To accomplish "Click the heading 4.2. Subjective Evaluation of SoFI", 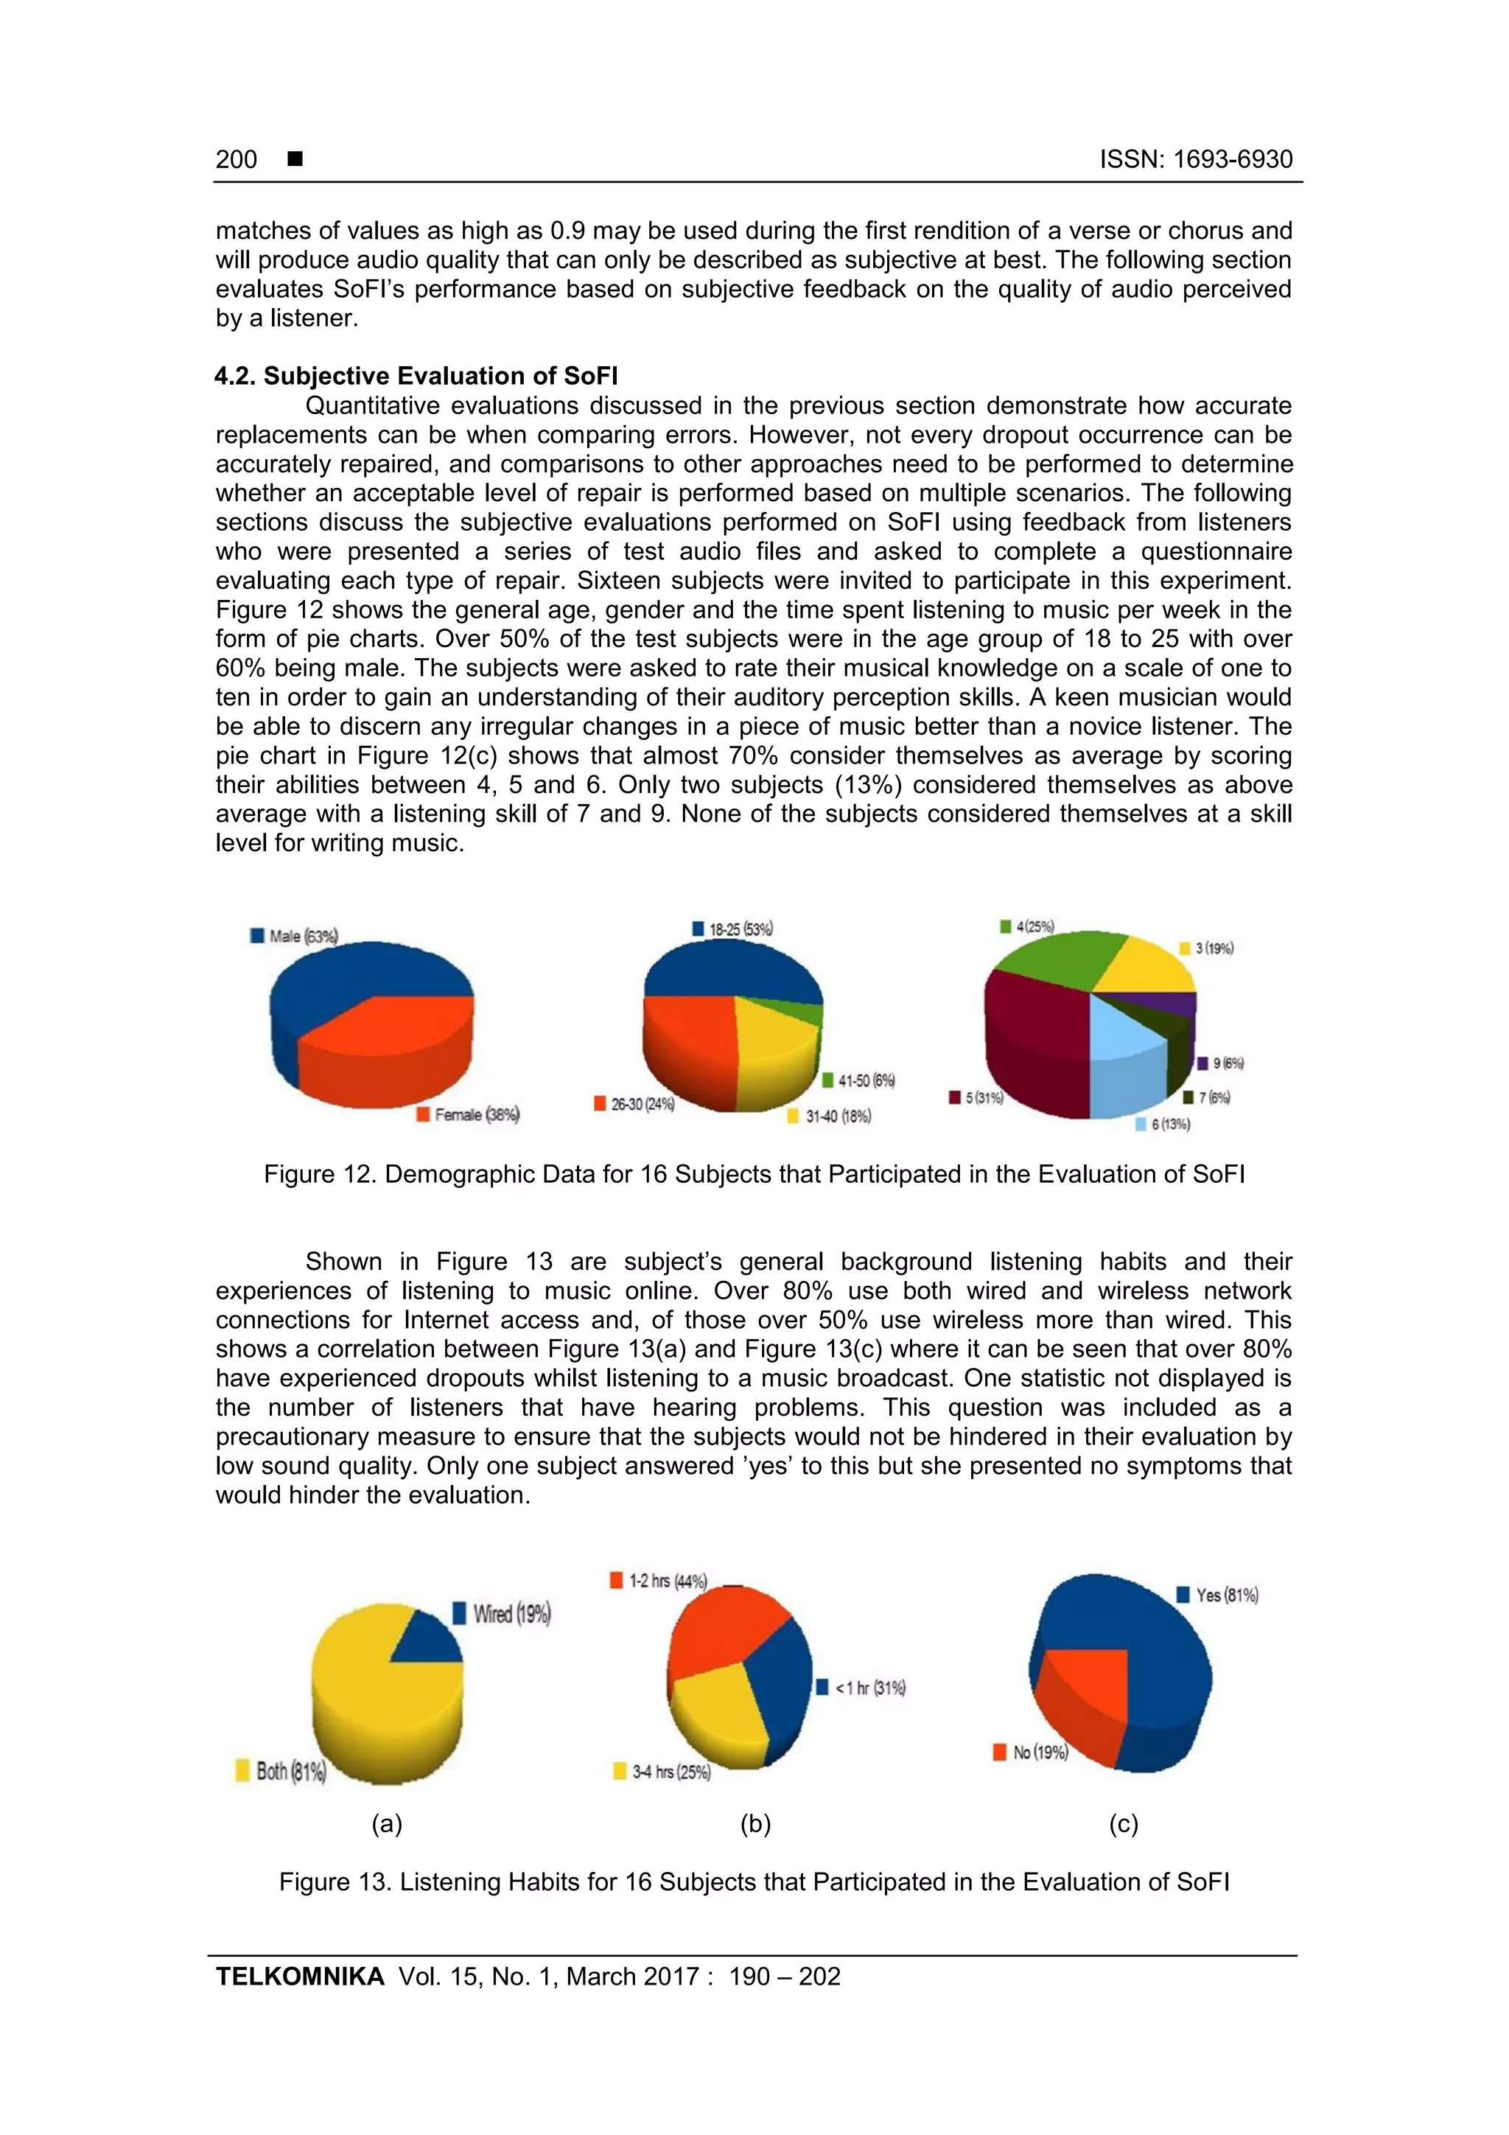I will (416, 376).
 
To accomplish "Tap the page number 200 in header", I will (237, 159).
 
